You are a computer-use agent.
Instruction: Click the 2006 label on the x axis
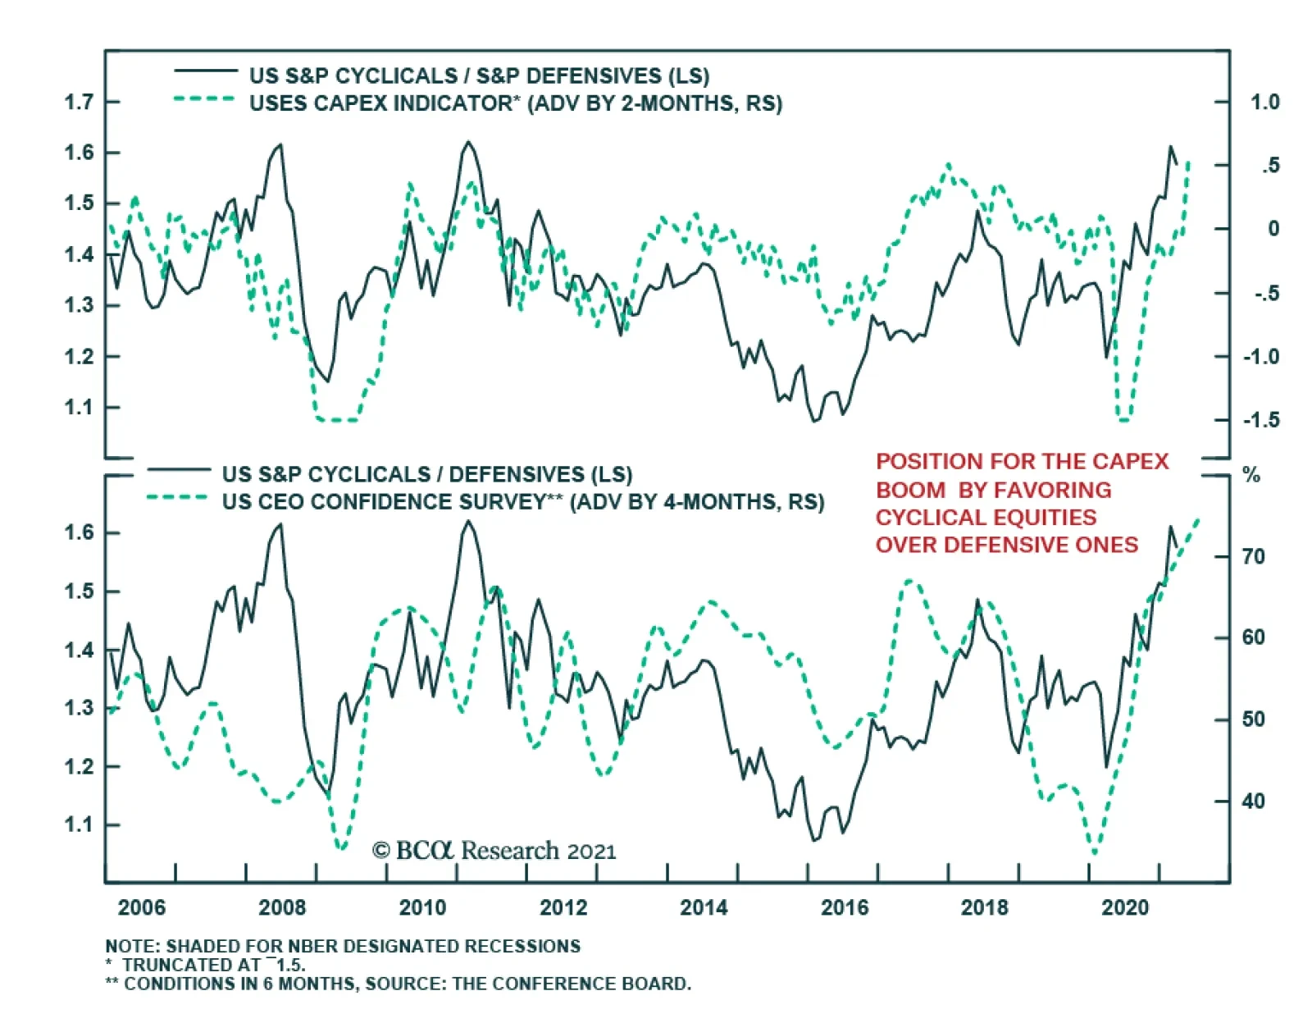point(141,907)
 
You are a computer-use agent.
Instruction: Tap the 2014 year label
point(704,907)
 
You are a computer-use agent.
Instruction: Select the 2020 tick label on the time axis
point(1125,907)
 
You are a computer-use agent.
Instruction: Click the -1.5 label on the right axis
point(1261,420)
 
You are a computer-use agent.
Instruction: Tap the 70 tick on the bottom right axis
point(1254,556)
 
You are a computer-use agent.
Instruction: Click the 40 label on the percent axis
point(1254,802)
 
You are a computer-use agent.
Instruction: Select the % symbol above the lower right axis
point(1251,475)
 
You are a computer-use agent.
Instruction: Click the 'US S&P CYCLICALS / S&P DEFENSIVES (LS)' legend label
point(480,75)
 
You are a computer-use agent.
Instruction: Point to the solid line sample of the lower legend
point(179,469)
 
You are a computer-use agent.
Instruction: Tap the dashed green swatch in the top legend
point(204,98)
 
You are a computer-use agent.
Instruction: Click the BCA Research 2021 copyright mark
point(494,850)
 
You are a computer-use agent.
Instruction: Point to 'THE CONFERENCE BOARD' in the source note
point(572,984)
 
